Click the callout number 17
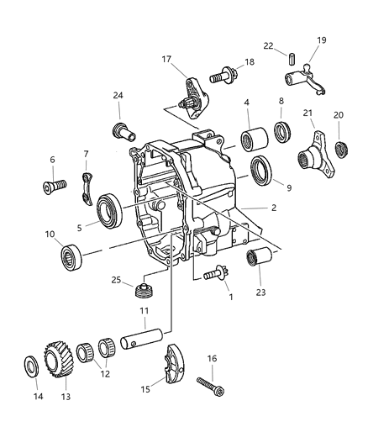[x=167, y=60]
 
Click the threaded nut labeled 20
[x=342, y=150]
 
